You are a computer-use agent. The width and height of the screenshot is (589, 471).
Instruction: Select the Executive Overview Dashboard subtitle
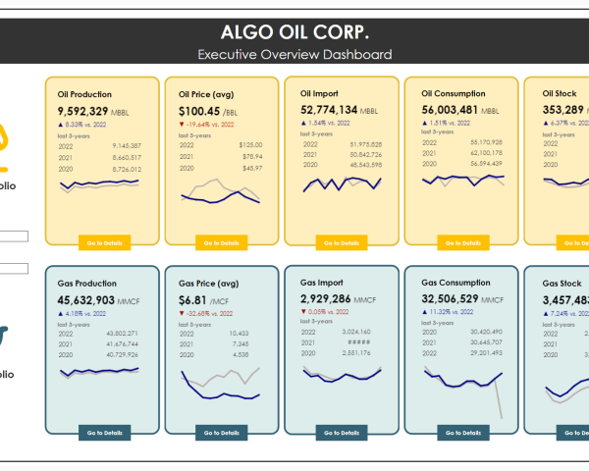point(294,55)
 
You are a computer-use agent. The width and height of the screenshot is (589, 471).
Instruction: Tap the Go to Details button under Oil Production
point(102,242)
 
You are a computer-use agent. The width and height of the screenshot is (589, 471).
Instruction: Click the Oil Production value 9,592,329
point(82,111)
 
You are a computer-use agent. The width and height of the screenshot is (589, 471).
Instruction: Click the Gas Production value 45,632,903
point(86,300)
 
